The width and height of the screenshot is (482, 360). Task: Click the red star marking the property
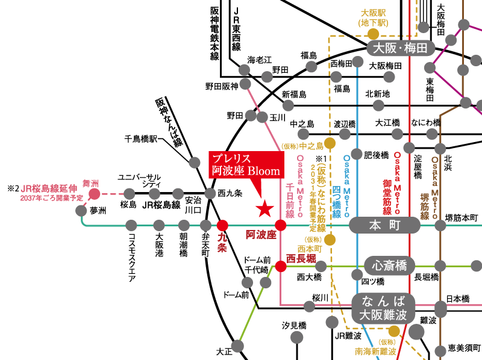[x=264, y=209]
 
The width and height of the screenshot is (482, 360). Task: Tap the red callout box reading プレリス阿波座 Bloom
[x=246, y=165]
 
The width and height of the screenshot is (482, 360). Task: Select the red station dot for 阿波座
[x=280, y=225]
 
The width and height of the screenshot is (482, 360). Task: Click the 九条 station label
[x=222, y=242]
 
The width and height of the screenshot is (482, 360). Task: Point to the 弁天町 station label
[x=205, y=244]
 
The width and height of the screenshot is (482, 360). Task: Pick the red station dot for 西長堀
[x=281, y=266]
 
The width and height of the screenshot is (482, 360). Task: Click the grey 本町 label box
[x=384, y=225]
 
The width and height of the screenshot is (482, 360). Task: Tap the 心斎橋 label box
[x=389, y=265]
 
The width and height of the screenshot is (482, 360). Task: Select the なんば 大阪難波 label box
[x=384, y=308]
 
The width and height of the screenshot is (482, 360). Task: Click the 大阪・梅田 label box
[x=400, y=48]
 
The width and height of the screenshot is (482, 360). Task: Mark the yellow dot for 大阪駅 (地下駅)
[x=374, y=34]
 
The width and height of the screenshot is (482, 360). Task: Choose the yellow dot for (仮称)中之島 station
[x=330, y=143]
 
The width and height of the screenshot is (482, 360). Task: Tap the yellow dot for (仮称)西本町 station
[x=330, y=240]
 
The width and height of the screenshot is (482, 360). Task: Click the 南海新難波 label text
[x=376, y=352]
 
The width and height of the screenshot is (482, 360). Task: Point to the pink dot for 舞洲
[x=95, y=194]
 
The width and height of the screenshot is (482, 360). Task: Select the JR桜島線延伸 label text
[x=46, y=188]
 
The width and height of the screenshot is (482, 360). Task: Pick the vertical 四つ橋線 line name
[x=337, y=202]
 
